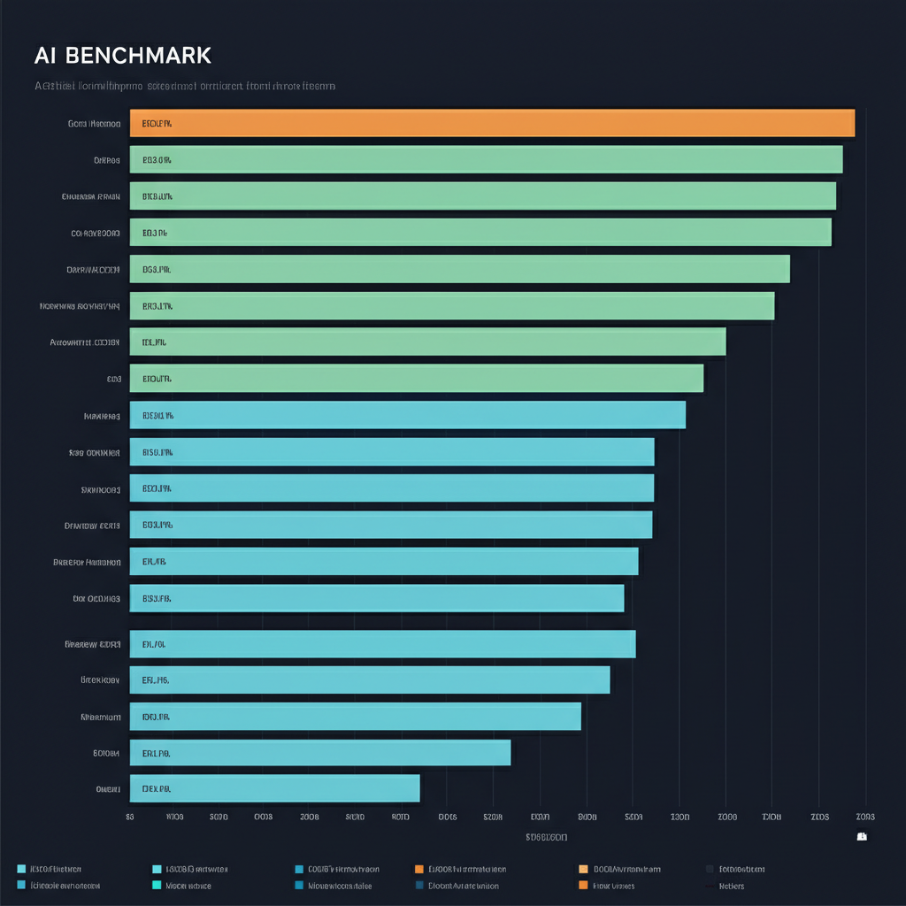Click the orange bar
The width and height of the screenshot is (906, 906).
(492, 123)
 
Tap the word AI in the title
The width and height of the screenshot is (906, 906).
(45, 55)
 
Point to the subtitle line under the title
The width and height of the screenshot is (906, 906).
(184, 87)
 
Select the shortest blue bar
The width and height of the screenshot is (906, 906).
(274, 787)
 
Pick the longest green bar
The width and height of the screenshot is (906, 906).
(486, 159)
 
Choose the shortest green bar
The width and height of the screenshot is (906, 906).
(416, 378)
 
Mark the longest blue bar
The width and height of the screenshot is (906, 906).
(407, 415)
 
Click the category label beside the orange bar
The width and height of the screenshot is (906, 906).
(94, 124)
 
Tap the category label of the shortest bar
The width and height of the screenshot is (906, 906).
(107, 788)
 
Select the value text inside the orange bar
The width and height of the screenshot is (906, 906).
(157, 124)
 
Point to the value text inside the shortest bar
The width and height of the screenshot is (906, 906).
(156, 788)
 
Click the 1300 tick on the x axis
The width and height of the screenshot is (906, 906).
(679, 817)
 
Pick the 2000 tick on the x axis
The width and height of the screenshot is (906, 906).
(726, 817)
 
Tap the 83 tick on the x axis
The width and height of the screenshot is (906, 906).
(130, 817)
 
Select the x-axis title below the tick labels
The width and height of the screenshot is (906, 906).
(546, 837)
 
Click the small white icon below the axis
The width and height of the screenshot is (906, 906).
(862, 836)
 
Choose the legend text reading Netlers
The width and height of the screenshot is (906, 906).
(732, 886)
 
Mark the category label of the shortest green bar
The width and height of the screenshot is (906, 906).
(113, 379)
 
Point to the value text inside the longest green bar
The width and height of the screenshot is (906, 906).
(157, 160)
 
